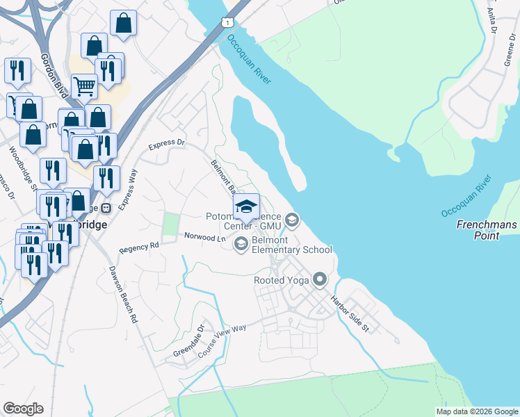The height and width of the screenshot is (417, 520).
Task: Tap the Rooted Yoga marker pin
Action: [x=320, y=280]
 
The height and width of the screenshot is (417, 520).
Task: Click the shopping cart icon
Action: [x=84, y=86]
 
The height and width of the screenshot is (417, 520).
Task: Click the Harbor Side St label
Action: [x=349, y=313]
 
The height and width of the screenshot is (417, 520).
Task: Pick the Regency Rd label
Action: [x=139, y=247]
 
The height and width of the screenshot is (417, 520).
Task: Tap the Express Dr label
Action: [x=168, y=144]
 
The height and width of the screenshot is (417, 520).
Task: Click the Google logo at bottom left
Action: [x=23, y=409]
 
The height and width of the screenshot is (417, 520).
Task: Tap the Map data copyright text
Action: [x=477, y=411]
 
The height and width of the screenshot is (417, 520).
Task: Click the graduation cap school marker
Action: [x=245, y=206]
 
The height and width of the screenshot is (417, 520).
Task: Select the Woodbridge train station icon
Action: [x=106, y=207]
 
